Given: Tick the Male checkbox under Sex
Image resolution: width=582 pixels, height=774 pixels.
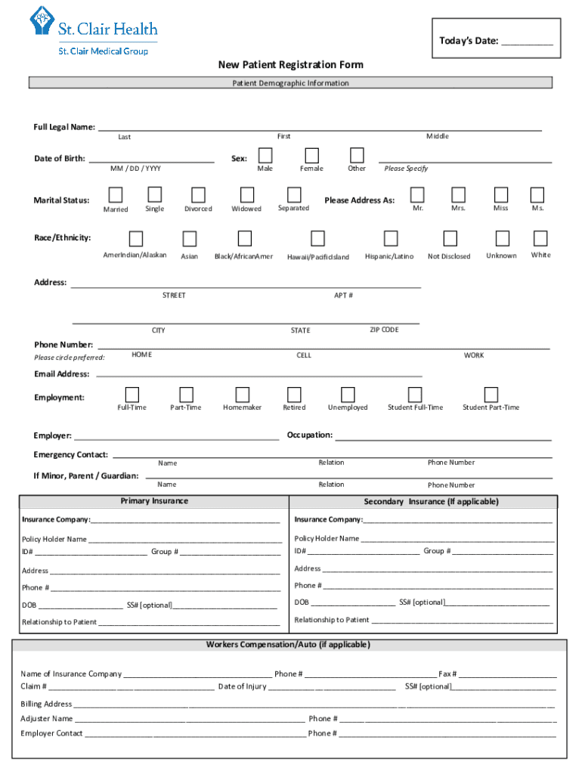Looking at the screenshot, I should pyautogui.click(x=265, y=155).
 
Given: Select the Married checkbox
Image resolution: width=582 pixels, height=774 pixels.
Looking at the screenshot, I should pyautogui.click(x=116, y=195).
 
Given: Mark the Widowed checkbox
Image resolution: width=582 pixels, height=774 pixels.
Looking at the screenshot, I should pyautogui.click(x=246, y=195).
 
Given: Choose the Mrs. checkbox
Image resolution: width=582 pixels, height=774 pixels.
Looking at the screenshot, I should pyautogui.click(x=458, y=195).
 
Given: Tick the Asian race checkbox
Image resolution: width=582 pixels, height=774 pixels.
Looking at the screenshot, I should pyautogui.click(x=189, y=239).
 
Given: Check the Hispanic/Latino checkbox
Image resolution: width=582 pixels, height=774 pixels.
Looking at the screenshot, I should pyautogui.click(x=390, y=239).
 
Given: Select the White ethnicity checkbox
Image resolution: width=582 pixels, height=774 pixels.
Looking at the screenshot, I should pyautogui.click(x=540, y=239).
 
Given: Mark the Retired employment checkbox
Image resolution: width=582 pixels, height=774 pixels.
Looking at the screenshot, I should pyautogui.click(x=294, y=395).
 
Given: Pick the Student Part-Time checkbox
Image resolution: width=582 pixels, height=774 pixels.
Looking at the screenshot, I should pyautogui.click(x=491, y=395).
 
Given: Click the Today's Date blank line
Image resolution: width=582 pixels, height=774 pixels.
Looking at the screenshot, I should pyautogui.click(x=527, y=42).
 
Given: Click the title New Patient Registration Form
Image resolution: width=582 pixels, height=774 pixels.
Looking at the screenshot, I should pyautogui.click(x=291, y=65).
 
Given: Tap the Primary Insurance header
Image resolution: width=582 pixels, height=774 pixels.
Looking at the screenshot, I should pyautogui.click(x=154, y=501).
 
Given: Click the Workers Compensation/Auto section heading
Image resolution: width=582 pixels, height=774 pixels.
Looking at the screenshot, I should pyautogui.click(x=288, y=645).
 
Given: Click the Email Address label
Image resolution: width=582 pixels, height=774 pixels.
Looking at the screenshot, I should pyautogui.click(x=61, y=374).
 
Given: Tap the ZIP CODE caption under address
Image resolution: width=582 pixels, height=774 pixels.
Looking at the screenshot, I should pyautogui.click(x=384, y=330).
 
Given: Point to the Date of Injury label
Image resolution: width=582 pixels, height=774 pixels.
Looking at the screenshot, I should pyautogui.click(x=242, y=687).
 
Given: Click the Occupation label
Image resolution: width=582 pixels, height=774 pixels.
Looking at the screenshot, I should pyautogui.click(x=309, y=435).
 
